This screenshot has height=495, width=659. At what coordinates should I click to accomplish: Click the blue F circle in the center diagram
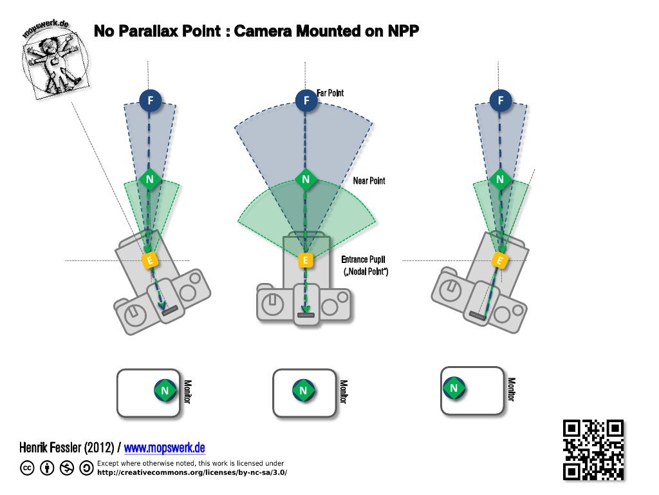(306, 100)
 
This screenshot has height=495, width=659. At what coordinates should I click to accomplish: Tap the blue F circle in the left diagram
(150, 100)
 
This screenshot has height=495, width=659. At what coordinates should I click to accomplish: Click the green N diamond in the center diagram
(306, 179)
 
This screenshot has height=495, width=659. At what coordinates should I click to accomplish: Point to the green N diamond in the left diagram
(149, 179)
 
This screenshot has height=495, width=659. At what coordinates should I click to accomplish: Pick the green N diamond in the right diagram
(499, 179)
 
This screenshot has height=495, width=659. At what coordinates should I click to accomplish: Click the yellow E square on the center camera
(306, 260)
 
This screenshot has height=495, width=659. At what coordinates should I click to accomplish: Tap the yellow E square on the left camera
(150, 260)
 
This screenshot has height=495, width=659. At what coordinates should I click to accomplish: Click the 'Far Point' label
(330, 93)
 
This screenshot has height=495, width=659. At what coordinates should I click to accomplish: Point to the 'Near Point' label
(369, 180)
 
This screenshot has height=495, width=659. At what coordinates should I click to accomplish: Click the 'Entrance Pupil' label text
(363, 259)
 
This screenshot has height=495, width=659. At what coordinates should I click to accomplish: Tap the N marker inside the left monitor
(165, 391)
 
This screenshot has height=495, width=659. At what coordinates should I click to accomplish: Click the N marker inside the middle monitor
(303, 390)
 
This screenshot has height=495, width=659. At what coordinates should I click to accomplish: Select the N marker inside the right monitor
(454, 388)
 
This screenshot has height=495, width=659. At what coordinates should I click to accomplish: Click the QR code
(593, 450)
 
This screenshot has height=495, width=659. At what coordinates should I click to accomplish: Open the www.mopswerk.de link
(164, 447)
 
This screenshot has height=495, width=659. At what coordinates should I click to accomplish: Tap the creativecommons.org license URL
(191, 472)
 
